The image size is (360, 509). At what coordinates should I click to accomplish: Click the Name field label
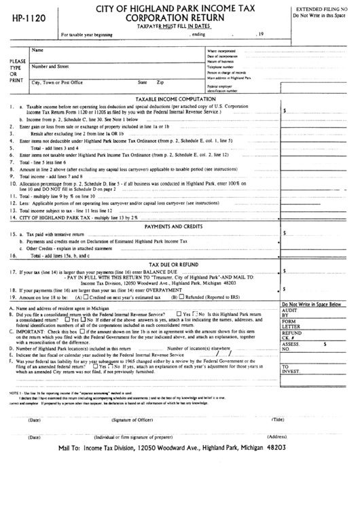point(38,50)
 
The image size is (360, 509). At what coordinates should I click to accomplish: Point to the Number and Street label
point(51,67)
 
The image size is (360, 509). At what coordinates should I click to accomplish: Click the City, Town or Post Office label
point(58,82)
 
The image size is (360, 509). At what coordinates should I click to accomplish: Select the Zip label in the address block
point(160,82)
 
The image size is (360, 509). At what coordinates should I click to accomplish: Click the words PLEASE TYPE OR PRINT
point(14,68)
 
